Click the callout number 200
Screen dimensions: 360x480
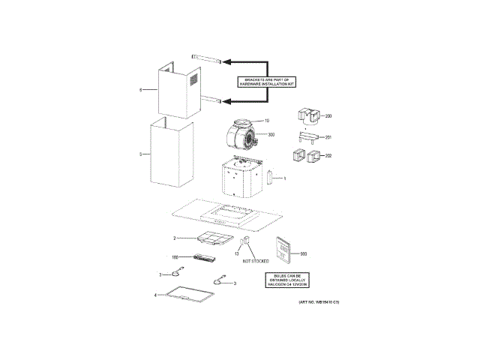pos(328,117)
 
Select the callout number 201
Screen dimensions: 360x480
pos(328,137)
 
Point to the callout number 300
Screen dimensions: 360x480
pos(271,134)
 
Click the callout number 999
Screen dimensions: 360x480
pos(304,254)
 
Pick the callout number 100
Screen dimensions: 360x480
pos(175,256)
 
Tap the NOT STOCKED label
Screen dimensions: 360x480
pos(255,260)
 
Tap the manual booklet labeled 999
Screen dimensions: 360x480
pos(284,249)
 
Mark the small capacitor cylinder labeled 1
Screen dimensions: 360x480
pos(268,178)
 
